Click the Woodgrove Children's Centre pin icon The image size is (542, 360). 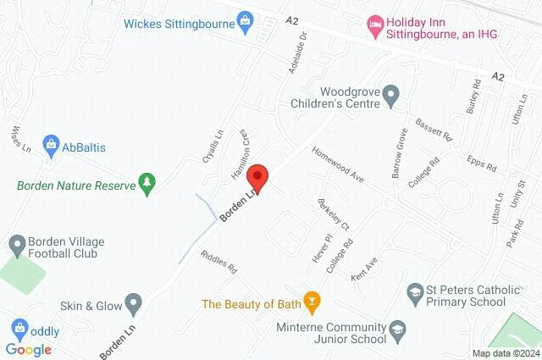[390, 96]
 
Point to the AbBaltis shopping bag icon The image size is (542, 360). [52, 146]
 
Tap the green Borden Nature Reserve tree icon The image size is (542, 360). [148, 184]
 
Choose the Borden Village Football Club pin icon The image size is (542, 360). [16, 245]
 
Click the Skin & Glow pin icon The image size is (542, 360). [133, 302]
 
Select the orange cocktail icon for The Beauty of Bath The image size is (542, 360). [312, 302]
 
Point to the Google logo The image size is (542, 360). [28, 349]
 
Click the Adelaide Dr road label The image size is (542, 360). [297, 58]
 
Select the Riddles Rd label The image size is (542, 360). [219, 263]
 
